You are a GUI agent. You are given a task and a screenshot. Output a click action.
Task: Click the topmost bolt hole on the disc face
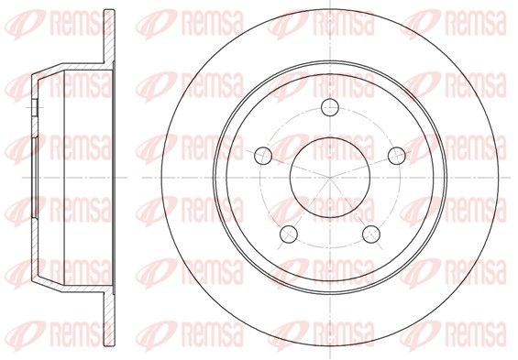pos(330,107)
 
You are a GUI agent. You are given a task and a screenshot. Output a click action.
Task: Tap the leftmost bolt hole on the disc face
pos(263,156)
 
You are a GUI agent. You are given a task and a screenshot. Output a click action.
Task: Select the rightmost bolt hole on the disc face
pos(397,156)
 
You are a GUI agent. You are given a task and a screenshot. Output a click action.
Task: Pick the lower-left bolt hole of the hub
pos(289,234)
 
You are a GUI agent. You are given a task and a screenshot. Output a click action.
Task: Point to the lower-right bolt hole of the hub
pos(371,234)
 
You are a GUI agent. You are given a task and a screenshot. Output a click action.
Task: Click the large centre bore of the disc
pos(330,178)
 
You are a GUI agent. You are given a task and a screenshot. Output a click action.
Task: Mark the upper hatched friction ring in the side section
pos(109,37)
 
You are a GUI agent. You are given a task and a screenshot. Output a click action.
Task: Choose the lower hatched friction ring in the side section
pos(109,319)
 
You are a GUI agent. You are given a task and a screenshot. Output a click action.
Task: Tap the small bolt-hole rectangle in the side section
pos(35,107)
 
